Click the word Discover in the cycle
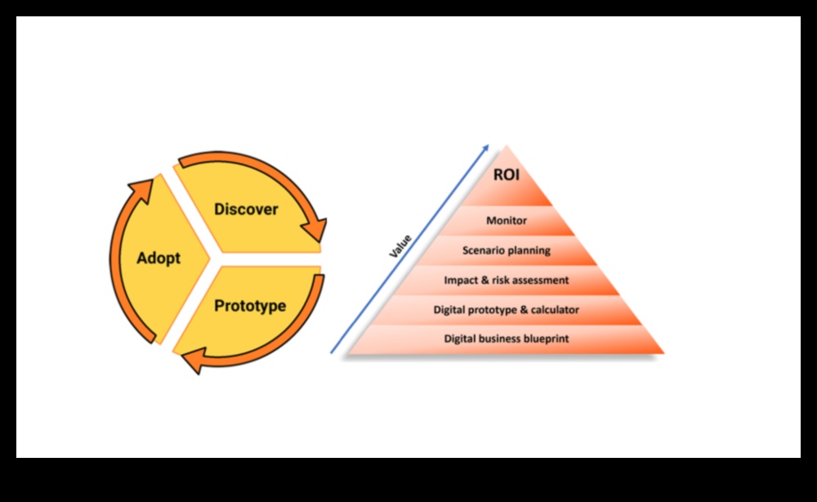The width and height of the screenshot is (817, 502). [246, 209]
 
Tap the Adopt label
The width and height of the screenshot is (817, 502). [158, 258]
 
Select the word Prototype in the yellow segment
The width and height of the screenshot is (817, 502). [250, 306]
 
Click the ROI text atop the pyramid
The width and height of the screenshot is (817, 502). [507, 174]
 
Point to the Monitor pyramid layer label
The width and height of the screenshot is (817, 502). [507, 221]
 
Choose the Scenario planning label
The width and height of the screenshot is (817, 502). [507, 250]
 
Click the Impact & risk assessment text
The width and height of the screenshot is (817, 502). [507, 280]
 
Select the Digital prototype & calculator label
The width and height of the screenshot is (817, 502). [507, 310]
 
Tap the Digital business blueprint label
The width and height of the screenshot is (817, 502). [507, 338]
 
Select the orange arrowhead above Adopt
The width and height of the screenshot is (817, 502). [141, 190]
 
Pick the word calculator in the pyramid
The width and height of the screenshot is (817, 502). [554, 310]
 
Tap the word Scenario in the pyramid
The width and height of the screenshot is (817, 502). [484, 250]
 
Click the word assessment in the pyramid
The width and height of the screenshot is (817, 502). [540, 280]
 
